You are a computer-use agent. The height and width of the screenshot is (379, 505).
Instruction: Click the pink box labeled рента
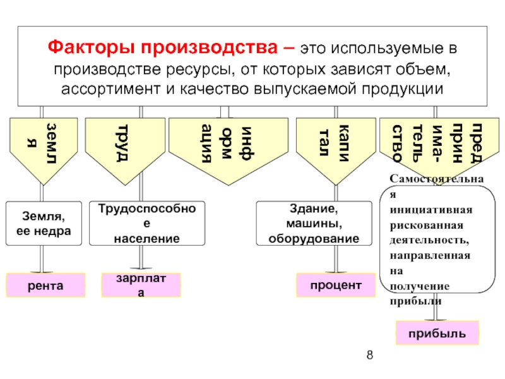pyautogui.click(x=45, y=286)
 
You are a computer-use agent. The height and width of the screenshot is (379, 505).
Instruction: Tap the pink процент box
pyautogui.click(x=335, y=286)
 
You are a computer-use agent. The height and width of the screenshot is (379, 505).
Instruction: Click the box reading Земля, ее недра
pyautogui.click(x=43, y=224)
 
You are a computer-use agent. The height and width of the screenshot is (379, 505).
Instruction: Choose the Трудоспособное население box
pyautogui.click(x=147, y=224)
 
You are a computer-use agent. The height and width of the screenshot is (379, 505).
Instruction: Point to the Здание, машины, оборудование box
pyautogui.click(x=314, y=224)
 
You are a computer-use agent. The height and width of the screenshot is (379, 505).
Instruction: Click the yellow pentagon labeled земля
pyautogui.click(x=43, y=143)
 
